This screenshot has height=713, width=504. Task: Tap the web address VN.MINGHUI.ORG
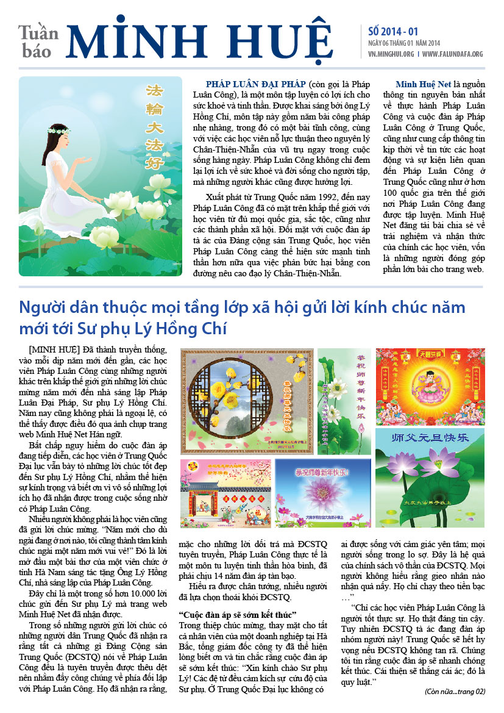391,54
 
